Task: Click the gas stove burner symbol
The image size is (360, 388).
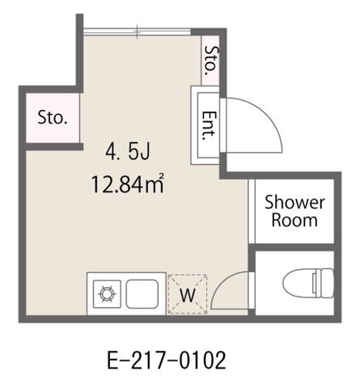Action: [x=107, y=293]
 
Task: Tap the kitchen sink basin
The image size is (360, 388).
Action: [x=142, y=294]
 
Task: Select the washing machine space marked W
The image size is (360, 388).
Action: [x=188, y=294]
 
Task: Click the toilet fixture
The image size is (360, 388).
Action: [x=308, y=283]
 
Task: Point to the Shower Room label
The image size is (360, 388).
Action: [x=294, y=211]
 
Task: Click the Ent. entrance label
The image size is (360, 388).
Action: [x=210, y=125]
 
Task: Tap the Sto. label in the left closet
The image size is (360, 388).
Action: [x=53, y=118]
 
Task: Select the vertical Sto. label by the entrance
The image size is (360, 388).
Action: [x=210, y=61]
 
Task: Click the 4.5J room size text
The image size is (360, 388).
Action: [x=128, y=152]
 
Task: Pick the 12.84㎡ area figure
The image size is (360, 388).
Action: [x=128, y=183]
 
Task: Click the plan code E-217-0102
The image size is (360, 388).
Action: [x=167, y=361]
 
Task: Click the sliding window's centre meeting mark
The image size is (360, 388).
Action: [x=138, y=32]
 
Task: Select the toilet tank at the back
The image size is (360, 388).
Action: [x=324, y=283]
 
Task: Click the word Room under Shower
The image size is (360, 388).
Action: [x=294, y=221]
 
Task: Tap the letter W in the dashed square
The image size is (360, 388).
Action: [x=188, y=295]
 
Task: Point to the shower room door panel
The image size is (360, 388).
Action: [x=252, y=211]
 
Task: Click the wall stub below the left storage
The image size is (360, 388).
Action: [x=54, y=146]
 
